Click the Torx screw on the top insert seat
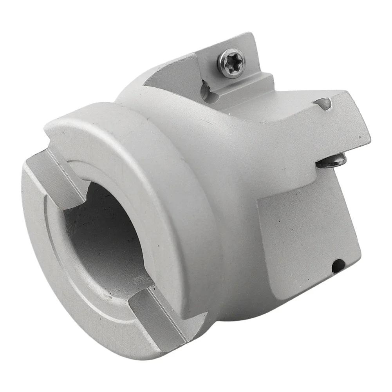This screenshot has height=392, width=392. [232, 63]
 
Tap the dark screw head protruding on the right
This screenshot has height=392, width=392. [332, 161]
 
